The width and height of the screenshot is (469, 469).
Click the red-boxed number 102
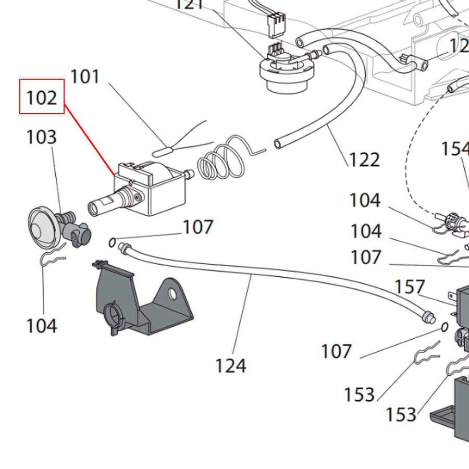(x=42, y=96)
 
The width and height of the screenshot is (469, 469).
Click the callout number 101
(x=84, y=77)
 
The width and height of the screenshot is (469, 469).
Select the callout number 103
(x=41, y=137)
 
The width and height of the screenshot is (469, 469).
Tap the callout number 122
(x=364, y=159)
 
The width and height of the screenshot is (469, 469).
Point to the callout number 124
(x=230, y=366)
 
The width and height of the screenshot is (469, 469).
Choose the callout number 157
(x=410, y=287)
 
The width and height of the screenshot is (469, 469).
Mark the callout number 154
(x=455, y=149)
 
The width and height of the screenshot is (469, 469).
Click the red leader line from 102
(x=89, y=139)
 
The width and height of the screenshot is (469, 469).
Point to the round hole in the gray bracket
(x=172, y=294)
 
